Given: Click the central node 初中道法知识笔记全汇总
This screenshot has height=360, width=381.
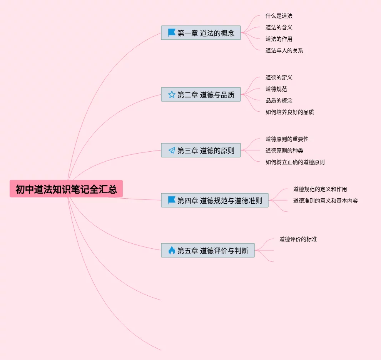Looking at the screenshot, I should tap(66, 189).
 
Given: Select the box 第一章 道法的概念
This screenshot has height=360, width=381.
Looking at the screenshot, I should tap(201, 33).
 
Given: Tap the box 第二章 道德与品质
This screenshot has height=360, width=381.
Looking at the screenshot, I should tap(201, 94).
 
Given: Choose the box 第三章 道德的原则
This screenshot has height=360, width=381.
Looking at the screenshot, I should tap(201, 150).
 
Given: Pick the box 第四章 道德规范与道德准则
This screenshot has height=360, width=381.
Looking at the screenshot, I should tap(215, 200).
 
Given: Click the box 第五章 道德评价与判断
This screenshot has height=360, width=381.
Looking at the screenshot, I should tap(208, 250).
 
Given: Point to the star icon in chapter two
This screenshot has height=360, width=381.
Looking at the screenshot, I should tap(172, 94).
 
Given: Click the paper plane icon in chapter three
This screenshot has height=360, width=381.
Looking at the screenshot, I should tap(172, 150).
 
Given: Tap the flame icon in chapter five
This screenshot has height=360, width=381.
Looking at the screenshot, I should tap(172, 250).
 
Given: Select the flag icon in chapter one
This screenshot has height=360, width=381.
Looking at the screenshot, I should tap(172, 33).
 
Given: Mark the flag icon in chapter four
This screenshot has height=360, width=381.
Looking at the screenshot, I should tap(172, 200).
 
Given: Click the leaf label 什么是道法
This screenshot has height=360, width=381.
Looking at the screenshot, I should tap(279, 16).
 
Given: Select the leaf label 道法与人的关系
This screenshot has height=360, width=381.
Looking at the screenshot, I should tap(284, 50).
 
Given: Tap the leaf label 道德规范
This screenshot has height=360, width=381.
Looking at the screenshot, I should tap(276, 89).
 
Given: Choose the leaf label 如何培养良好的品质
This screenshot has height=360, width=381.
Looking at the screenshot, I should tap(290, 112).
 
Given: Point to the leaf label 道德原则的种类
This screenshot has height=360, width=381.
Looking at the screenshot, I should tap(284, 151).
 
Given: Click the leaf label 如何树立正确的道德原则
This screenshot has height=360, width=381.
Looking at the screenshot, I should tap(295, 162).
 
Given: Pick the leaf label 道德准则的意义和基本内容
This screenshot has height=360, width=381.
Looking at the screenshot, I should tap(326, 201).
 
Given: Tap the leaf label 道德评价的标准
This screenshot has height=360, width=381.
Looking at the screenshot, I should tap(298, 239).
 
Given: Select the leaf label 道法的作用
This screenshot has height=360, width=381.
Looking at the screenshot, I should tap(279, 39).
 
